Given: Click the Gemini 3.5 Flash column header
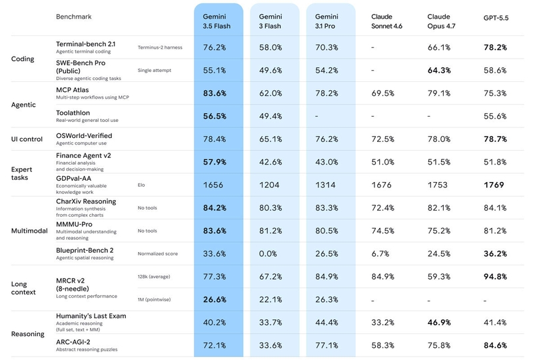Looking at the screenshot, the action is click(217, 21).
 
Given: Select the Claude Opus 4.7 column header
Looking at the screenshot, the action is click(441, 21).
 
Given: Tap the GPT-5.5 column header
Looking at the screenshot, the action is click(496, 18).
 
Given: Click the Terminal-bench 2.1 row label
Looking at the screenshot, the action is click(86, 44).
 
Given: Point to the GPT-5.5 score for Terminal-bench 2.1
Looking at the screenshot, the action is click(495, 47).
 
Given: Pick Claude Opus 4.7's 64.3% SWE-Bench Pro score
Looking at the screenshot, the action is click(439, 71).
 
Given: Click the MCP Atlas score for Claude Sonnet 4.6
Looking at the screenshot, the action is click(382, 93).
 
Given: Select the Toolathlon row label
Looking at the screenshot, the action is click(73, 113).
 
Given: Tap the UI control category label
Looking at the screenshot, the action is click(27, 139).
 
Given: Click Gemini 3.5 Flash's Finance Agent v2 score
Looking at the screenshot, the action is click(215, 162).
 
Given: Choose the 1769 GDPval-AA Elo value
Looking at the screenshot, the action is click(494, 185).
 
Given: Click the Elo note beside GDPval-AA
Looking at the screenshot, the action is click(141, 185).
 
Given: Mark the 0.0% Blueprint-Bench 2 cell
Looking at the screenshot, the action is click(268, 254).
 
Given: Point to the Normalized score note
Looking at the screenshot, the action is click(158, 254).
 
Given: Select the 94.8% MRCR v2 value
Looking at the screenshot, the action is click(495, 277).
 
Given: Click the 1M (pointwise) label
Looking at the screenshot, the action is click(154, 300).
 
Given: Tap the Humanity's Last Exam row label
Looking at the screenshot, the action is click(91, 316).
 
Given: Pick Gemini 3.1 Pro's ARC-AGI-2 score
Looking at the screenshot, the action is click(326, 345).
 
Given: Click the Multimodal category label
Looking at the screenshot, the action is click(29, 231).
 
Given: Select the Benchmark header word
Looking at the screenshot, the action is click(74, 17).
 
